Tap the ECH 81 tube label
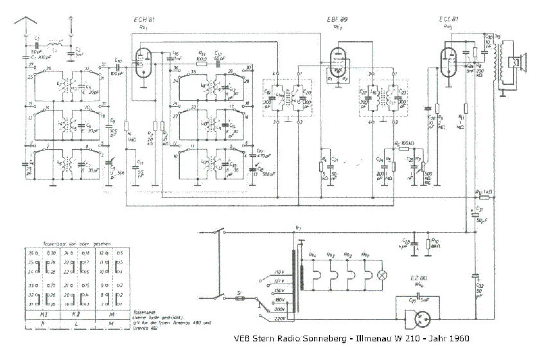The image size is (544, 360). point(145,21)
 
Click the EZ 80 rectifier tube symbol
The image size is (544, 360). point(419,319)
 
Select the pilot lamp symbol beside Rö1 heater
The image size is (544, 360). point(383,274)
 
